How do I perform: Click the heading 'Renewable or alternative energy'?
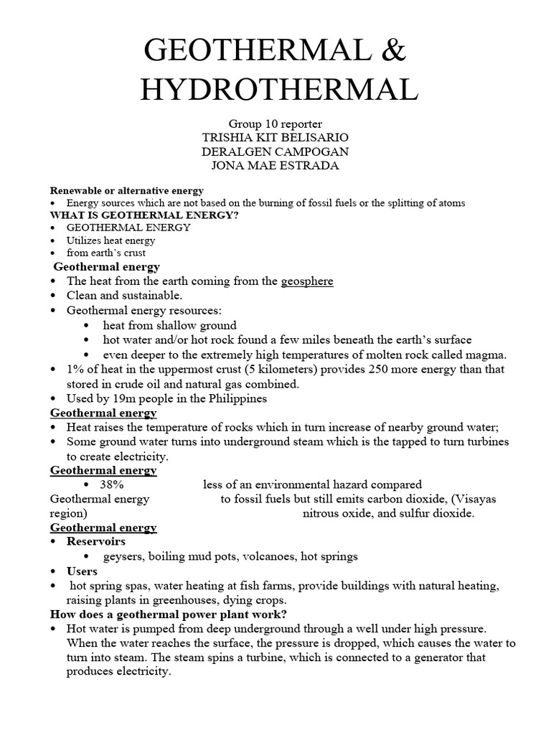[126, 191]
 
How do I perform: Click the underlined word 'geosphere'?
[307, 281]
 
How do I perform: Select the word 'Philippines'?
[237, 398]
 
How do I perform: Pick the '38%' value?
[114, 484]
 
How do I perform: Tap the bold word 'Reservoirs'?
[96, 541]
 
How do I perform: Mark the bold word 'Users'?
[83, 571]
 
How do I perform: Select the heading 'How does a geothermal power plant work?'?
[169, 614]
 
